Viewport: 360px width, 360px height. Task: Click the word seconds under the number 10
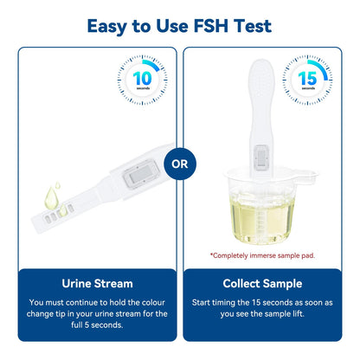[144, 90]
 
